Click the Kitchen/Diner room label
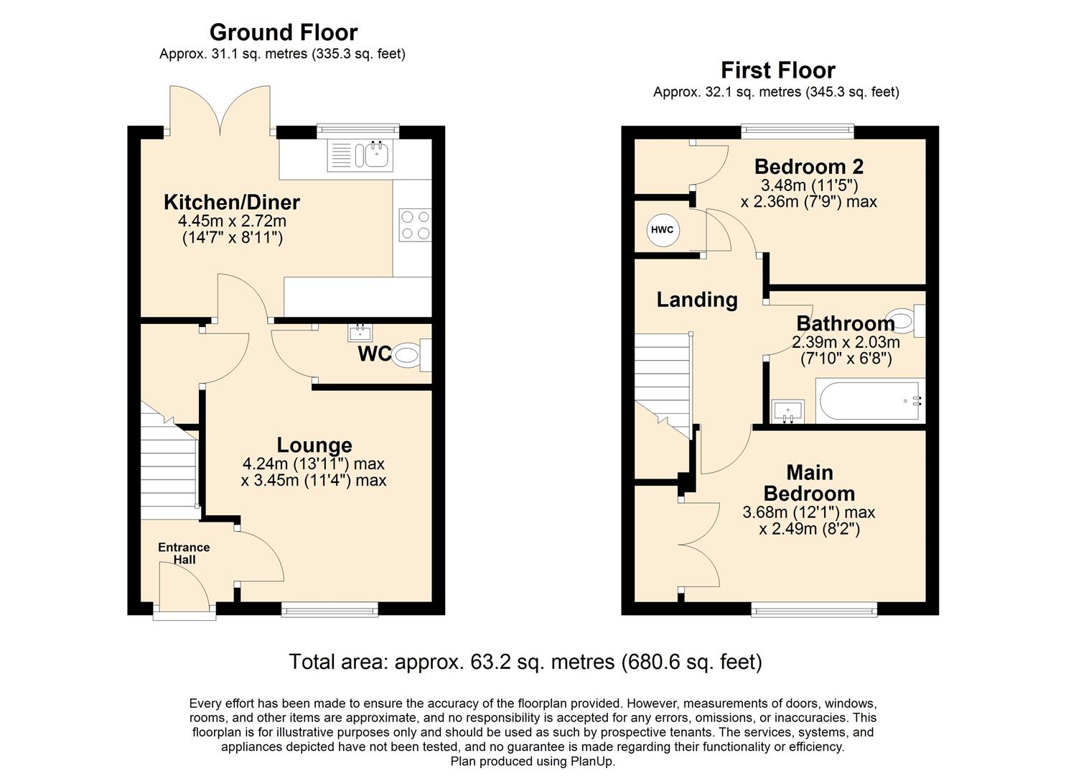231,202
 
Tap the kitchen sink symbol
360,155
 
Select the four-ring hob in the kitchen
414,224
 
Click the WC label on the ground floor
375,354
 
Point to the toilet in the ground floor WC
410,355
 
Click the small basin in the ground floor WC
359,333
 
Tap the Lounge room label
314,445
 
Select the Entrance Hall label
184,553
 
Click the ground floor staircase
168,467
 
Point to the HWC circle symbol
662,230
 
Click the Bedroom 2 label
808,167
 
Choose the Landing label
696,300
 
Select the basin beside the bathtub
787,412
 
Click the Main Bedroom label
809,483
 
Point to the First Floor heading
777,70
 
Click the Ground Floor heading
283,32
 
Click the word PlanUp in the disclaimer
592,762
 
